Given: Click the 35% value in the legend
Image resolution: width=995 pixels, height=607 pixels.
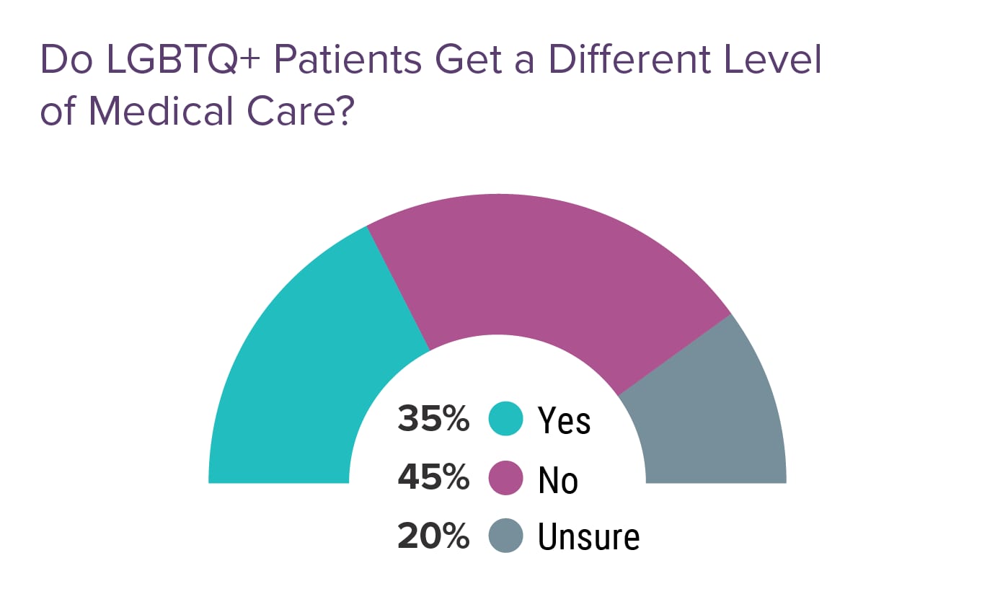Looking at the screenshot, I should (433, 420).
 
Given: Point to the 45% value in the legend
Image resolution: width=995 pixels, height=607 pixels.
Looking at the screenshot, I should (433, 478).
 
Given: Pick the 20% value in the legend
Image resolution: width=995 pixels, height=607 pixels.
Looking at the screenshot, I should (433, 536).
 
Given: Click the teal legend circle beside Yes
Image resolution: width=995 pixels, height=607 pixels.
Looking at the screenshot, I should (505, 420).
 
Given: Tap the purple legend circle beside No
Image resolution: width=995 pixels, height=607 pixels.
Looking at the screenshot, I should (505, 478).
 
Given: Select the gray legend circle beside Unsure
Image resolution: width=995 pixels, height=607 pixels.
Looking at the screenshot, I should (505, 536).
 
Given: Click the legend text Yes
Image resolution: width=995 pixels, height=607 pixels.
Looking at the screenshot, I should (564, 421).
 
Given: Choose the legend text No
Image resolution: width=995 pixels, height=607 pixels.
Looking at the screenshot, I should (558, 479).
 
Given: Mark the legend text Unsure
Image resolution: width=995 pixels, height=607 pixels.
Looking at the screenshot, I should (588, 537).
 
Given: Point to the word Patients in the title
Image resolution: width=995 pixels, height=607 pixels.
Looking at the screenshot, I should (347, 61).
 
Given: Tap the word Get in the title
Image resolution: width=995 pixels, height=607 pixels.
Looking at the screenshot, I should (472, 61).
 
